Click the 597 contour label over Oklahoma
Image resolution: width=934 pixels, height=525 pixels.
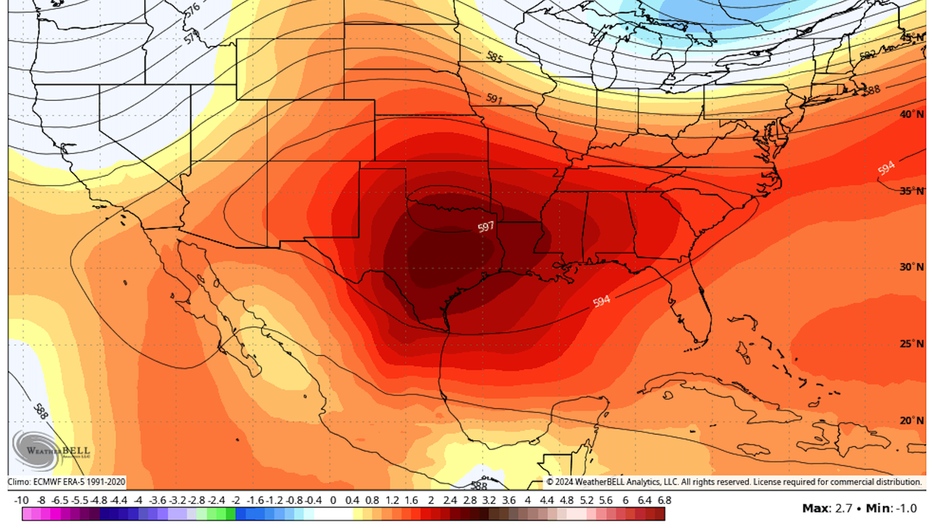point(485,227)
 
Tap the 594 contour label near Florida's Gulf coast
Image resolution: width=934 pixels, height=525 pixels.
point(601,301)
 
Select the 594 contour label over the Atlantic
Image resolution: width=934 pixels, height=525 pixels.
point(886,168)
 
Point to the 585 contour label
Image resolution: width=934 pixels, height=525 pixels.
point(495,57)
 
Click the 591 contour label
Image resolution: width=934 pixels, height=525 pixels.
point(494,99)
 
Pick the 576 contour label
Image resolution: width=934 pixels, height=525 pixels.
point(192,9)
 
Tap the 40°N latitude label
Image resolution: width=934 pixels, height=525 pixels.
point(911,114)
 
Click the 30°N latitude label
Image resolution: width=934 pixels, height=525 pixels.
point(911,267)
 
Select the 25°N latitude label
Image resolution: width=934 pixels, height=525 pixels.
point(911,344)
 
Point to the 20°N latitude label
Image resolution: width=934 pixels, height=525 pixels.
point(911,420)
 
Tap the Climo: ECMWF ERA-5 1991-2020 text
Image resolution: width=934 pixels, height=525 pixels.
point(67,482)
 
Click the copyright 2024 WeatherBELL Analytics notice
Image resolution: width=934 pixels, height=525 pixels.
point(734,482)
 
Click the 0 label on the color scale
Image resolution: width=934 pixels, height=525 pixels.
point(333,500)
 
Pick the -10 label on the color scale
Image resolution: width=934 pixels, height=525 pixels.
point(21,500)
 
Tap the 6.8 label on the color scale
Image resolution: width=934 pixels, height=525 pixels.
point(665,500)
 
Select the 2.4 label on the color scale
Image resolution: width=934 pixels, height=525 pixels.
point(450,500)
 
